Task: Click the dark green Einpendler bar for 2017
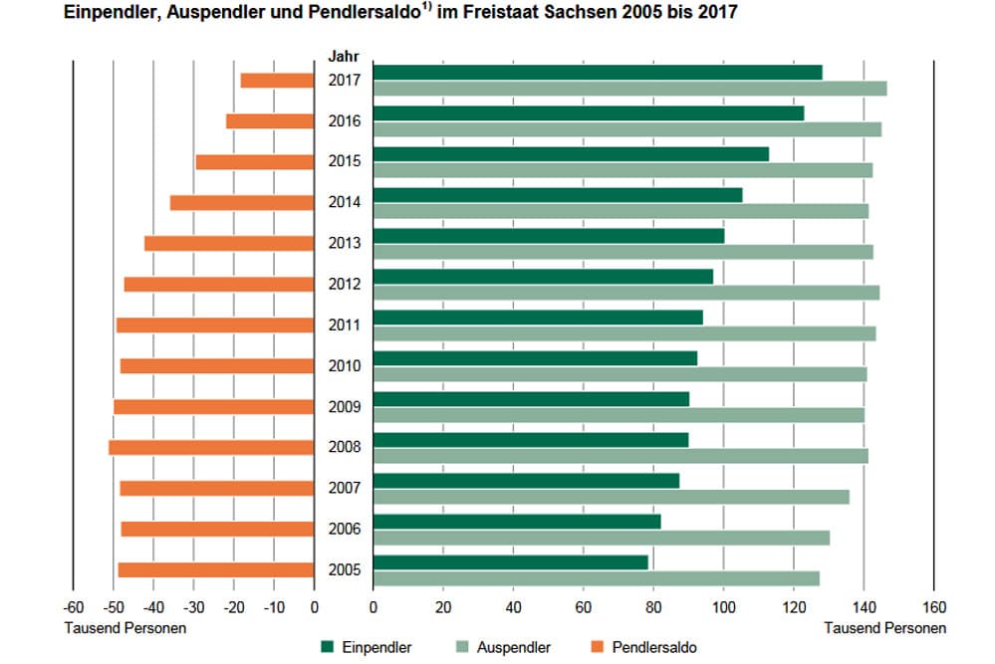tap(598, 72)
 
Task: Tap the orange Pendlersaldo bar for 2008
tap(211, 447)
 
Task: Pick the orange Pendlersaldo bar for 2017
tap(277, 80)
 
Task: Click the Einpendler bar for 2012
tap(543, 276)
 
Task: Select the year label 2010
tap(344, 366)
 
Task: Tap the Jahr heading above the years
tap(344, 57)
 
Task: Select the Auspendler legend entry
tap(503, 648)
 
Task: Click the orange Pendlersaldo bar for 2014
tap(241, 202)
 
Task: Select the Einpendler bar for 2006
tap(517, 521)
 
